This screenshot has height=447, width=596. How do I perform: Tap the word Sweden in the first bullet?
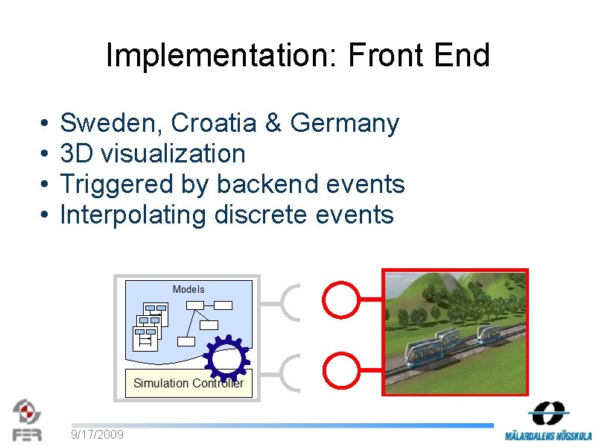pos(107,123)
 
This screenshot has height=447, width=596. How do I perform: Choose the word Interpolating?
pos(133,215)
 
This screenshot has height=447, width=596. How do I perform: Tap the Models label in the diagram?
pos(188,289)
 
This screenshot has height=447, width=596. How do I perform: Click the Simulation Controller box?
pos(188,383)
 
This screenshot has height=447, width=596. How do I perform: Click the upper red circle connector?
pos(340,299)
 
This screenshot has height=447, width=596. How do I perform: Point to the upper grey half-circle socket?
pos(293,302)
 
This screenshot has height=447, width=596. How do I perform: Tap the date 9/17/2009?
pos(98,434)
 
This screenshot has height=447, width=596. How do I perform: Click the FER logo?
pos(27,420)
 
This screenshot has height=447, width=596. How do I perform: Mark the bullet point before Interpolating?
pos(45,215)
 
